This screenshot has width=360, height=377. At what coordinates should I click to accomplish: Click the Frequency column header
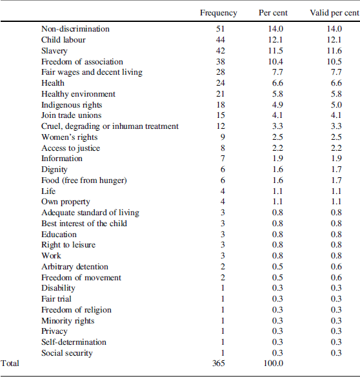tap(218, 13)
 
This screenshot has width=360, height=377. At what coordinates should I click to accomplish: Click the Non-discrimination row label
tap(75, 29)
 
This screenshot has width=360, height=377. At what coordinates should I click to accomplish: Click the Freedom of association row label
tap(83, 61)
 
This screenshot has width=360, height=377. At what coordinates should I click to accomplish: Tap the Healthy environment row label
tap(79, 94)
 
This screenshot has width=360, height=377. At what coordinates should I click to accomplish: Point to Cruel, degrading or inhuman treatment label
tap(110, 126)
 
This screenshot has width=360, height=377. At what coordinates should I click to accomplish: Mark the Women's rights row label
tap(70, 137)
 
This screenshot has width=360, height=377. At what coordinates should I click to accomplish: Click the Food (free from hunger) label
tap(84, 180)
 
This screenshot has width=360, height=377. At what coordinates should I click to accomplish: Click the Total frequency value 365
tap(218, 363)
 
